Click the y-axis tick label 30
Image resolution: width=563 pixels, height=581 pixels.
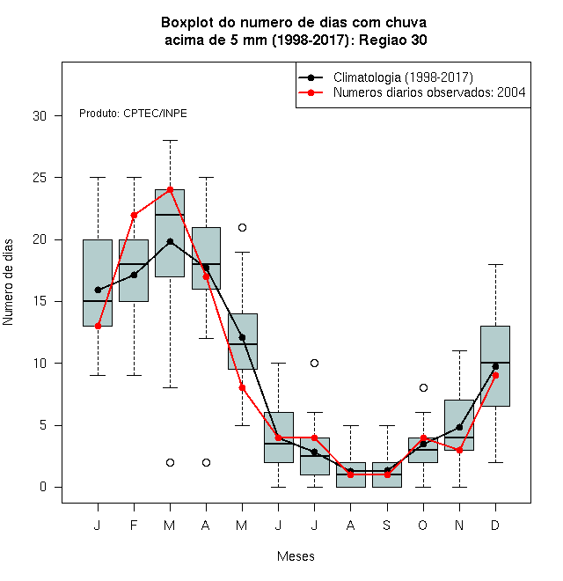[x=40, y=116]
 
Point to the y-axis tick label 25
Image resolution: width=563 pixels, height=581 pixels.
[x=40, y=178]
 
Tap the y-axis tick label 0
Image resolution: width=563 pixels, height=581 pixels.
[x=43, y=487]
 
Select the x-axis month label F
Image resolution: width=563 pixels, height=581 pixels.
[x=134, y=525]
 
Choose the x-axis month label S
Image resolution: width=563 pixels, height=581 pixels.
[x=387, y=525]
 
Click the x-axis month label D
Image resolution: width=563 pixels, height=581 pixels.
[x=495, y=525]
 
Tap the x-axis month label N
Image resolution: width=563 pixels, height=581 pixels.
[x=459, y=525]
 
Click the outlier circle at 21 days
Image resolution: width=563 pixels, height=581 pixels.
[x=242, y=227]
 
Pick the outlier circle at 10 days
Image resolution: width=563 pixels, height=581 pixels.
[x=314, y=363]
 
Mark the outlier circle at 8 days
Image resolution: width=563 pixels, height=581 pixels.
[x=423, y=388]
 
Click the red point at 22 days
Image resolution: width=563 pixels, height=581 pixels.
[x=134, y=215]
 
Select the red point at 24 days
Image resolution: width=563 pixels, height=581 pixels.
[x=170, y=190]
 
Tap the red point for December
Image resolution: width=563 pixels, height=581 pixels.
[x=495, y=375]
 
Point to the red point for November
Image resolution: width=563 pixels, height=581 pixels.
[x=459, y=450]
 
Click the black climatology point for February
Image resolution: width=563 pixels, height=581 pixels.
[x=134, y=275]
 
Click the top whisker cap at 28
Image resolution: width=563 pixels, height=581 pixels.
[x=170, y=141]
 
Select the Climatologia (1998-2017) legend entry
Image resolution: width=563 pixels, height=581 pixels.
[x=385, y=77]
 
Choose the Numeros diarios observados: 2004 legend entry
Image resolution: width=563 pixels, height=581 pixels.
[x=412, y=92]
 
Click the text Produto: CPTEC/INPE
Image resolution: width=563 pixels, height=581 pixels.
[x=133, y=114]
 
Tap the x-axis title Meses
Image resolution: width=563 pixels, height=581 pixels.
[x=296, y=556]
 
